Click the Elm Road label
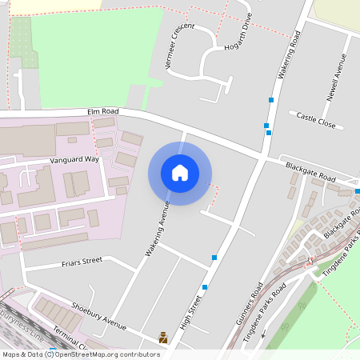point(105,111)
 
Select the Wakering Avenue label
point(158,227)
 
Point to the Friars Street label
point(82,261)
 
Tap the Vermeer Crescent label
point(177,43)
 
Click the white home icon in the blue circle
point(180,172)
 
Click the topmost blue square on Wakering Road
point(272,100)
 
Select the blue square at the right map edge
point(357,191)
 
